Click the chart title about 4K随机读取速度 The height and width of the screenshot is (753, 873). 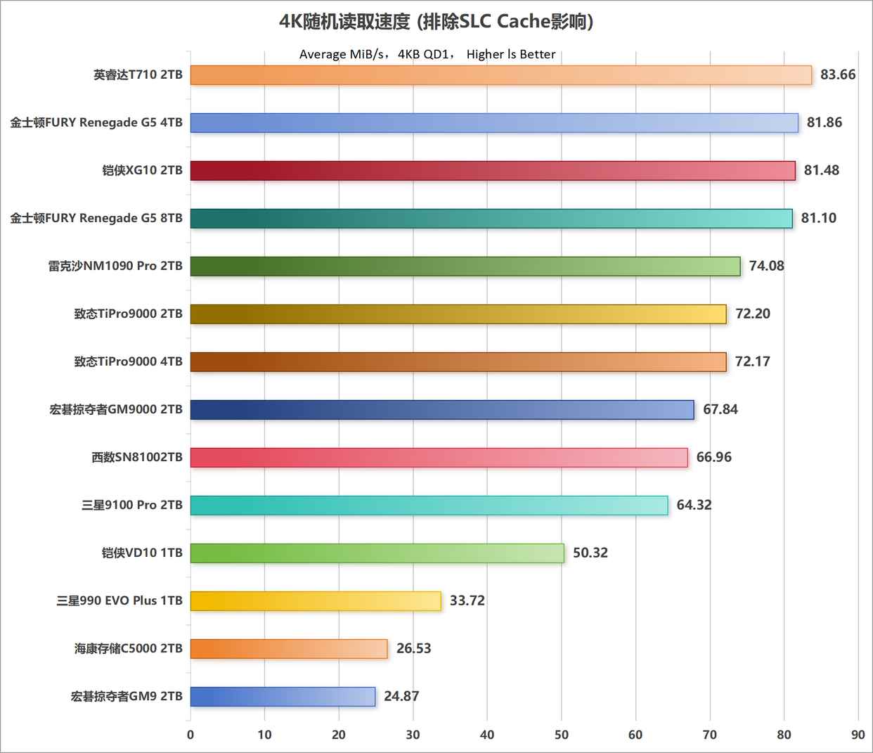click(x=436, y=22)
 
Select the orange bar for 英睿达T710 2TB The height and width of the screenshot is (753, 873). click(x=500, y=75)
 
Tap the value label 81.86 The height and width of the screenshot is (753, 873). click(x=824, y=122)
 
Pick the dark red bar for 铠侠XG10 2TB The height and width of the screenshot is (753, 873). click(x=493, y=170)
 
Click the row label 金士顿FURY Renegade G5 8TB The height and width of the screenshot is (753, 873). click(x=96, y=218)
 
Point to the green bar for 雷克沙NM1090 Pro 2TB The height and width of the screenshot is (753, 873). click(x=465, y=266)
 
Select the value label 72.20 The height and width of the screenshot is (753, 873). click(x=752, y=314)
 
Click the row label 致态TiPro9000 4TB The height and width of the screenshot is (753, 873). click(x=128, y=361)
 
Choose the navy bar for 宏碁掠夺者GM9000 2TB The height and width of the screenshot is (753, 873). click(x=442, y=409)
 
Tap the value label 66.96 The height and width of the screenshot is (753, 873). click(x=713, y=457)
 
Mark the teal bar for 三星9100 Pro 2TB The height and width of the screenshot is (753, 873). click(x=429, y=505)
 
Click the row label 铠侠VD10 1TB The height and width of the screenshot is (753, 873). click(x=142, y=553)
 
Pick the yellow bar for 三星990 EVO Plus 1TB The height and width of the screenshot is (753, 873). click(x=316, y=600)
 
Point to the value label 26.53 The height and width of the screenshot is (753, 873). click(x=413, y=648)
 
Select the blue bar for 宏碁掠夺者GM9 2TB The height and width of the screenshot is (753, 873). click(x=283, y=696)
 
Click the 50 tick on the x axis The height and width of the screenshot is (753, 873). click(x=562, y=735)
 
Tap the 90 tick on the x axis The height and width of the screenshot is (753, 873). click(x=858, y=735)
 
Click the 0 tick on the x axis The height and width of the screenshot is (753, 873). click(x=190, y=735)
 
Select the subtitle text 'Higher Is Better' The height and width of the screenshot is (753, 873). click(x=511, y=54)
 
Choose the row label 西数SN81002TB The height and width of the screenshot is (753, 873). click(x=137, y=457)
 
